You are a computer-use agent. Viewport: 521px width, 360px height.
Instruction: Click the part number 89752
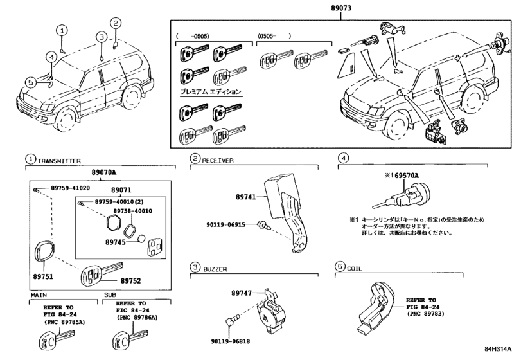(131, 280)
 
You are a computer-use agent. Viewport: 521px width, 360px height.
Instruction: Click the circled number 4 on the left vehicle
(50, 57)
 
